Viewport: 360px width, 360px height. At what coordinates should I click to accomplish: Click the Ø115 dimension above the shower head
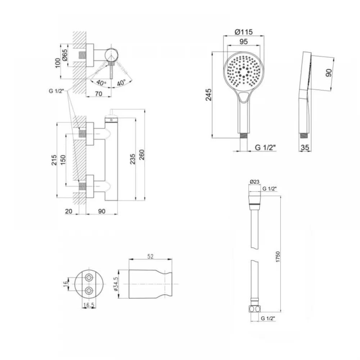(244, 32)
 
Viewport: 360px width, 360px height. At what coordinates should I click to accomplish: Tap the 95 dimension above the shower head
(244, 42)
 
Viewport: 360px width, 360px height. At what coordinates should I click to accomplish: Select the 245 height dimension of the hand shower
(208, 95)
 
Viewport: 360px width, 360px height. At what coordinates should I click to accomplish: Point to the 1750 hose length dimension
(278, 257)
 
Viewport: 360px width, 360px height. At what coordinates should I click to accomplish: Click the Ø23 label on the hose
(255, 181)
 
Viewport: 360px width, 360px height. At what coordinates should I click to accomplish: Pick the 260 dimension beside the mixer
(141, 154)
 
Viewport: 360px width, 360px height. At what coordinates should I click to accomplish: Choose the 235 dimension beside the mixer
(133, 159)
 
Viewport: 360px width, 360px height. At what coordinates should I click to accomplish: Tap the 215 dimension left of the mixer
(54, 160)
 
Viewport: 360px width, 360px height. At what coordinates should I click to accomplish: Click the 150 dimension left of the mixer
(63, 160)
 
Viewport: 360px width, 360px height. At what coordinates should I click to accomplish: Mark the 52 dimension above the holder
(150, 256)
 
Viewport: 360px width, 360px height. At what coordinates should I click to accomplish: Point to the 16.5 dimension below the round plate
(89, 305)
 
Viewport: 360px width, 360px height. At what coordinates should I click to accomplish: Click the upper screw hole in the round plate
(89, 278)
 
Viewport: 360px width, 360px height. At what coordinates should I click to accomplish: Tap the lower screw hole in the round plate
(89, 291)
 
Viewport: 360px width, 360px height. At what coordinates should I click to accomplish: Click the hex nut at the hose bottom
(255, 309)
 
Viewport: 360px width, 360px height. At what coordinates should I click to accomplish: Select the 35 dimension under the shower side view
(305, 147)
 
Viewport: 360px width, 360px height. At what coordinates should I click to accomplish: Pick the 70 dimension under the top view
(99, 94)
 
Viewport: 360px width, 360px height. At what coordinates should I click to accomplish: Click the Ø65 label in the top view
(65, 55)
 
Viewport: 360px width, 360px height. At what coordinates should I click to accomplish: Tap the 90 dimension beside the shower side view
(329, 73)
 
